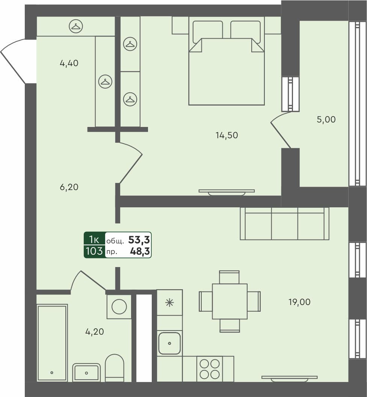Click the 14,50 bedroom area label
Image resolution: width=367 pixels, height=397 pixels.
click(x=227, y=135)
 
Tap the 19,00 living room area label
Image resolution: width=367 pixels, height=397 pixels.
click(x=299, y=302)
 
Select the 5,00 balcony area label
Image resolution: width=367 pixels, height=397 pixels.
click(x=326, y=120)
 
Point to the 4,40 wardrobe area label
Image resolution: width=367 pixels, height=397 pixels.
click(x=69, y=63)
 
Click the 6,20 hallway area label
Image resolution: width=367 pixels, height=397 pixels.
click(x=69, y=187)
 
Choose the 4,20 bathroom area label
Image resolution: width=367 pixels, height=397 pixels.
click(x=94, y=332)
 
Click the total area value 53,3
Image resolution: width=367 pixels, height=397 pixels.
click(x=139, y=240)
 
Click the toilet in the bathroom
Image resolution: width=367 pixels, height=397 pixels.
click(x=114, y=367)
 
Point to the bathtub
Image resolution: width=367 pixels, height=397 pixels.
click(x=52, y=343)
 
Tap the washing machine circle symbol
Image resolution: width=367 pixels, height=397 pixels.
click(x=119, y=306)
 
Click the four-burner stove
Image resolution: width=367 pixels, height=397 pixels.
click(x=210, y=369)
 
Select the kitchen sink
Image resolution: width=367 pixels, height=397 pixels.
click(x=169, y=343)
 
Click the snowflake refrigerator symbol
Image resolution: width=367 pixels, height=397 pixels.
click(x=169, y=302)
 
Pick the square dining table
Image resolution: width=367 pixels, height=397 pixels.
click(x=230, y=301)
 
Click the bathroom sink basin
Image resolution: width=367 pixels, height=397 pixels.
click(x=86, y=373)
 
